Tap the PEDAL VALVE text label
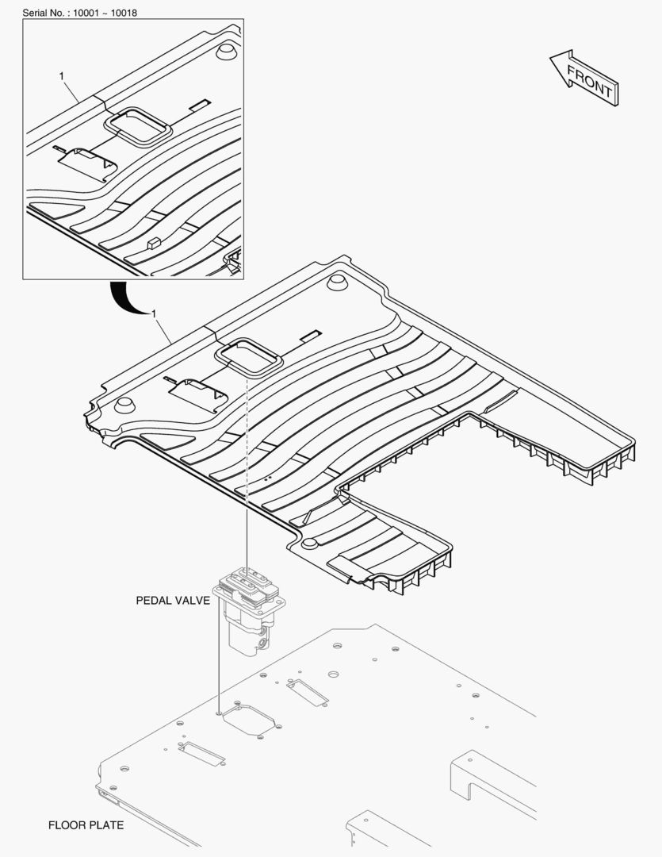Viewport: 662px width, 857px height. pos(173,601)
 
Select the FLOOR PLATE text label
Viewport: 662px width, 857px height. pos(86,825)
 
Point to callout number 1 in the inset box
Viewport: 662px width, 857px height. pos(62,75)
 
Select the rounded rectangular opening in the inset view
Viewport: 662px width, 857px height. pos(139,125)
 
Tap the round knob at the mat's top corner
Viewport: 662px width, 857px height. pos(339,284)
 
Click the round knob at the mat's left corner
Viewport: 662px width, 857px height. pos(124,405)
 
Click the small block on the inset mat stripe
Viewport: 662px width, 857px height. pos(154,242)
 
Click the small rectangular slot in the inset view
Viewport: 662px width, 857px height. pos(200,103)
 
